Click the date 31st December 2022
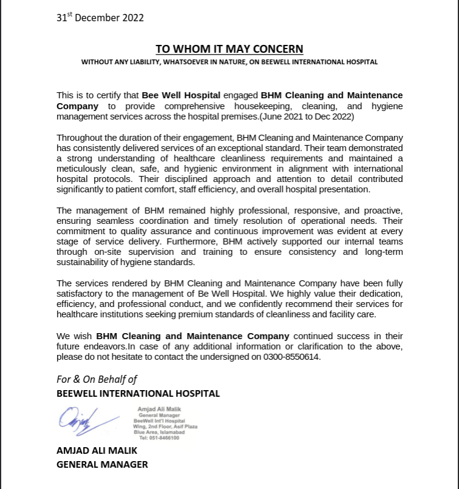pyautogui.click(x=100, y=18)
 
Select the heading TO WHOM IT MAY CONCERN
pyautogui.click(x=229, y=49)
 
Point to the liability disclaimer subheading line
pyautogui.click(x=229, y=62)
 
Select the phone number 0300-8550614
pyautogui.click(x=291, y=357)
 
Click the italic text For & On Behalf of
pyautogui.click(x=97, y=379)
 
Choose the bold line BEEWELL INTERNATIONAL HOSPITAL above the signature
pyautogui.click(x=138, y=393)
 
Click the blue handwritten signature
pyautogui.click(x=85, y=420)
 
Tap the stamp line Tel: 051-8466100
pyautogui.click(x=159, y=437)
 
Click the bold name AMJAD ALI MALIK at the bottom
pyautogui.click(x=97, y=450)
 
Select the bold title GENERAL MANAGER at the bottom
pyautogui.click(x=102, y=464)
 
